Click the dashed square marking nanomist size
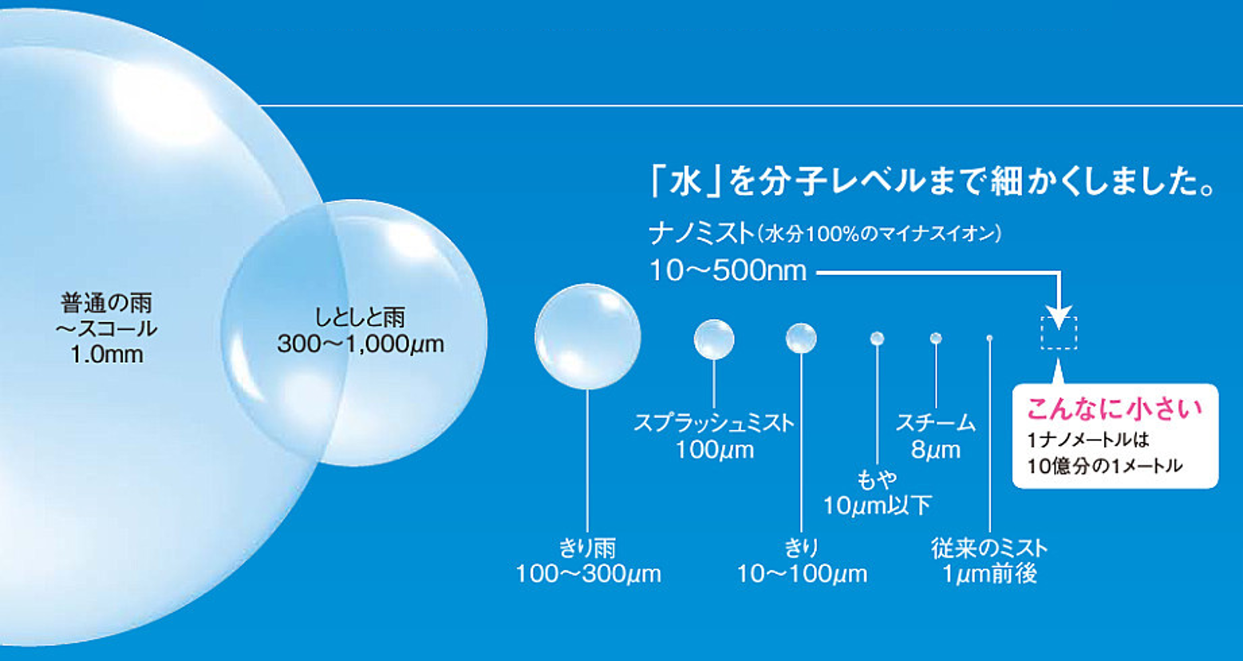pyautogui.click(x=1059, y=318)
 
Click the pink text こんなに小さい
pyautogui.click(x=1115, y=409)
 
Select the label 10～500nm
pyautogui.click(x=728, y=271)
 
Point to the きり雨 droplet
pyautogui.click(x=588, y=336)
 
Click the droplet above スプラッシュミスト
pyautogui.click(x=714, y=339)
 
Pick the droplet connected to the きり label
pyautogui.click(x=801, y=338)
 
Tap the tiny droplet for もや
pyautogui.click(x=878, y=338)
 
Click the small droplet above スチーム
pyautogui.click(x=936, y=338)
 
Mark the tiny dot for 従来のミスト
pyautogui.click(x=989, y=338)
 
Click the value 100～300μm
pyautogui.click(x=589, y=574)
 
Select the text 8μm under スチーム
pyautogui.click(x=936, y=450)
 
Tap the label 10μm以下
pyautogui.click(x=877, y=506)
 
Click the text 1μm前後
pyautogui.click(x=990, y=574)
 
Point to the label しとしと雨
pyautogui.click(x=360, y=318)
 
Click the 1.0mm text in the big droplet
pyautogui.click(x=107, y=354)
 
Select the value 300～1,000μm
pyautogui.click(x=361, y=344)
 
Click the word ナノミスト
pyautogui.click(x=701, y=234)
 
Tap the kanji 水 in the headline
pyautogui.click(x=685, y=182)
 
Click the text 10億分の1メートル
pyautogui.click(x=1105, y=466)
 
